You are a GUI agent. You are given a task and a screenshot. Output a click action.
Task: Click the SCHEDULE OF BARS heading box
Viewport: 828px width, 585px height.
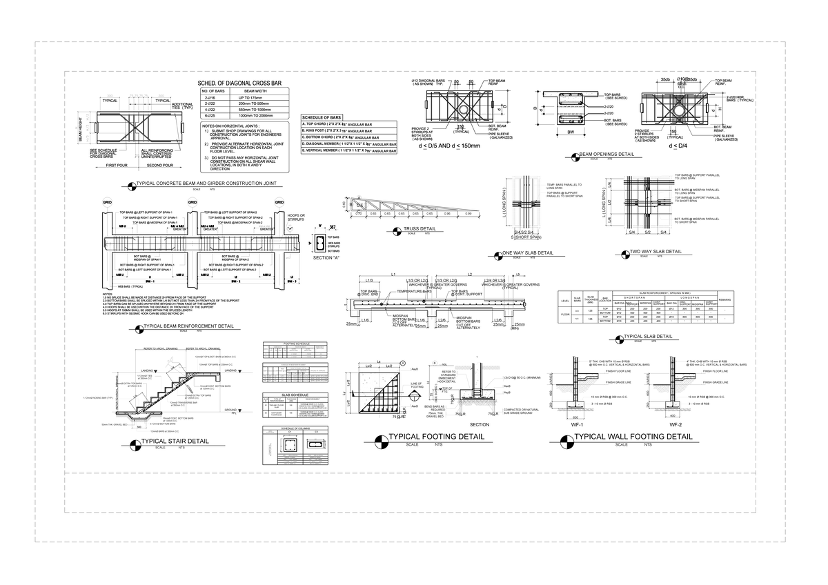[x=322, y=117]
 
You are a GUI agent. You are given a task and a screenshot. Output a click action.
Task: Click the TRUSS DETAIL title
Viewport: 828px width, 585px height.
[x=420, y=228]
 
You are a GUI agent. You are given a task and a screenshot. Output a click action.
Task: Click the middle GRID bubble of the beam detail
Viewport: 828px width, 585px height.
[x=191, y=202]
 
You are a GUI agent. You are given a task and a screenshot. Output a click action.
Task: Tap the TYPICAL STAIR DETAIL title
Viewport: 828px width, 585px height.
[x=175, y=441]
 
